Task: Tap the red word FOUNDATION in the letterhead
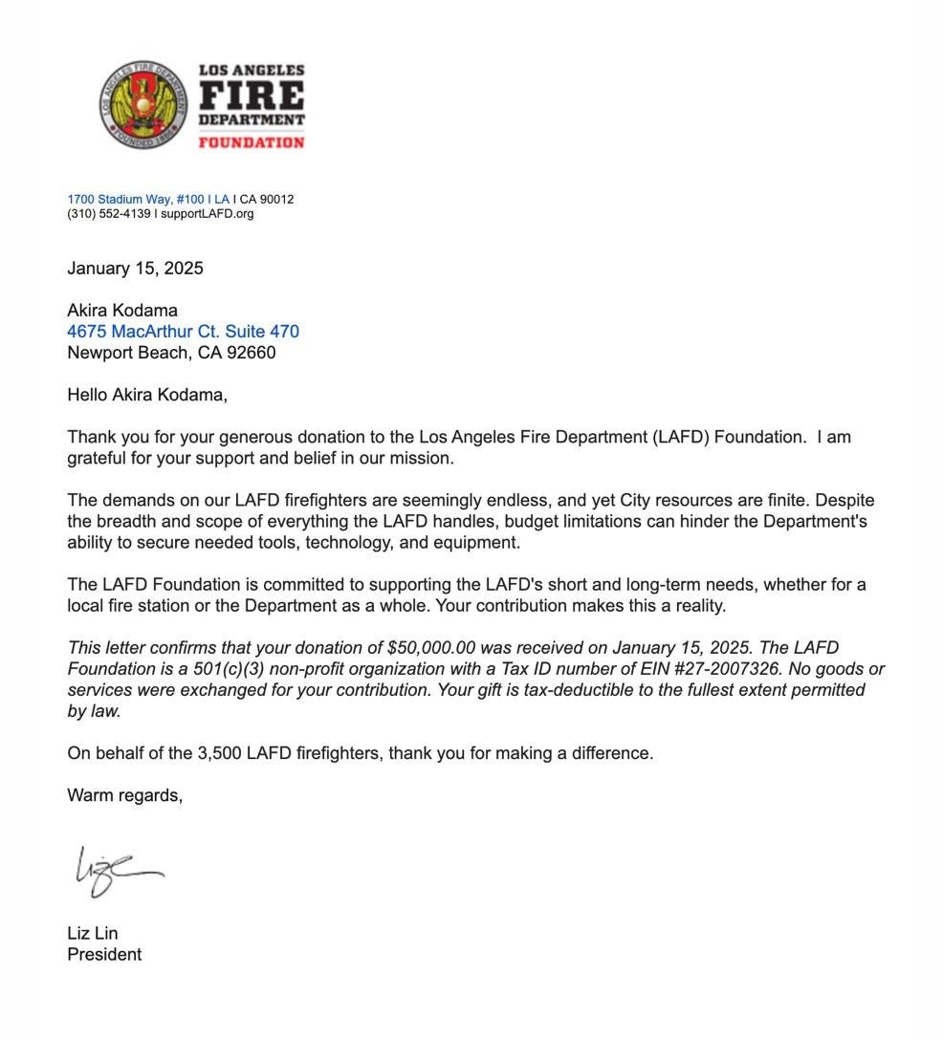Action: [x=252, y=142]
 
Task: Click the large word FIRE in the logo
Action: [x=252, y=97]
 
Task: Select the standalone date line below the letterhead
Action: [x=135, y=269]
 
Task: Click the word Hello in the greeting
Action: [x=88, y=395]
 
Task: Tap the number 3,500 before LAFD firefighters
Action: [x=219, y=753]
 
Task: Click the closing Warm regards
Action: [x=124, y=795]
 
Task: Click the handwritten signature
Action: [x=115, y=870]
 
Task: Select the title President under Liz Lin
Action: [x=104, y=955]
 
